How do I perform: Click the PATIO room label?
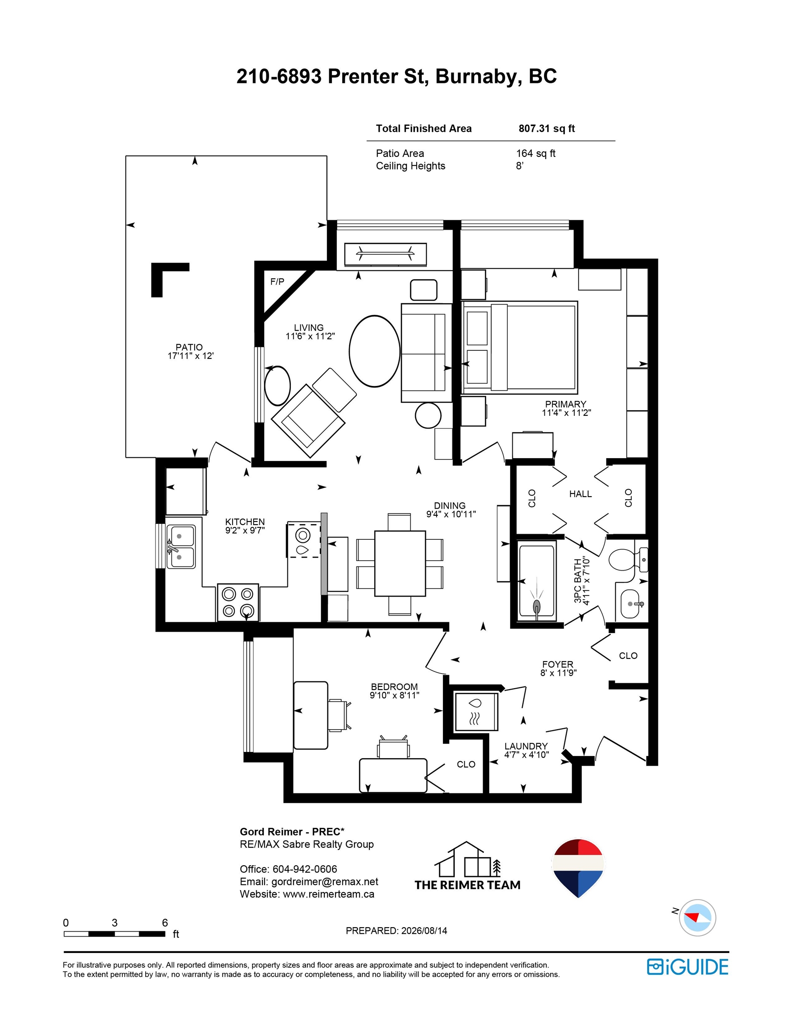click(x=189, y=347)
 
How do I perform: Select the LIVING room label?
click(x=309, y=327)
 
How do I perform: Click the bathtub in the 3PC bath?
click(x=537, y=580)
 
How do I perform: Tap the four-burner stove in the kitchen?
click(x=238, y=602)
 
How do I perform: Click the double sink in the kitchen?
click(x=180, y=547)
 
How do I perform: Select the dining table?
click(x=400, y=563)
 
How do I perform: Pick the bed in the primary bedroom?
click(x=520, y=348)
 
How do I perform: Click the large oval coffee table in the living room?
click(x=375, y=351)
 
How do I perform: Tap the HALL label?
click(x=580, y=494)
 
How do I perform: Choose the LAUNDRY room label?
click(x=526, y=746)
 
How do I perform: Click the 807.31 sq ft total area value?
click(x=547, y=128)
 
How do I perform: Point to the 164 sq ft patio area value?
click(x=536, y=153)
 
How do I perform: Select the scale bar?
click(x=114, y=934)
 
